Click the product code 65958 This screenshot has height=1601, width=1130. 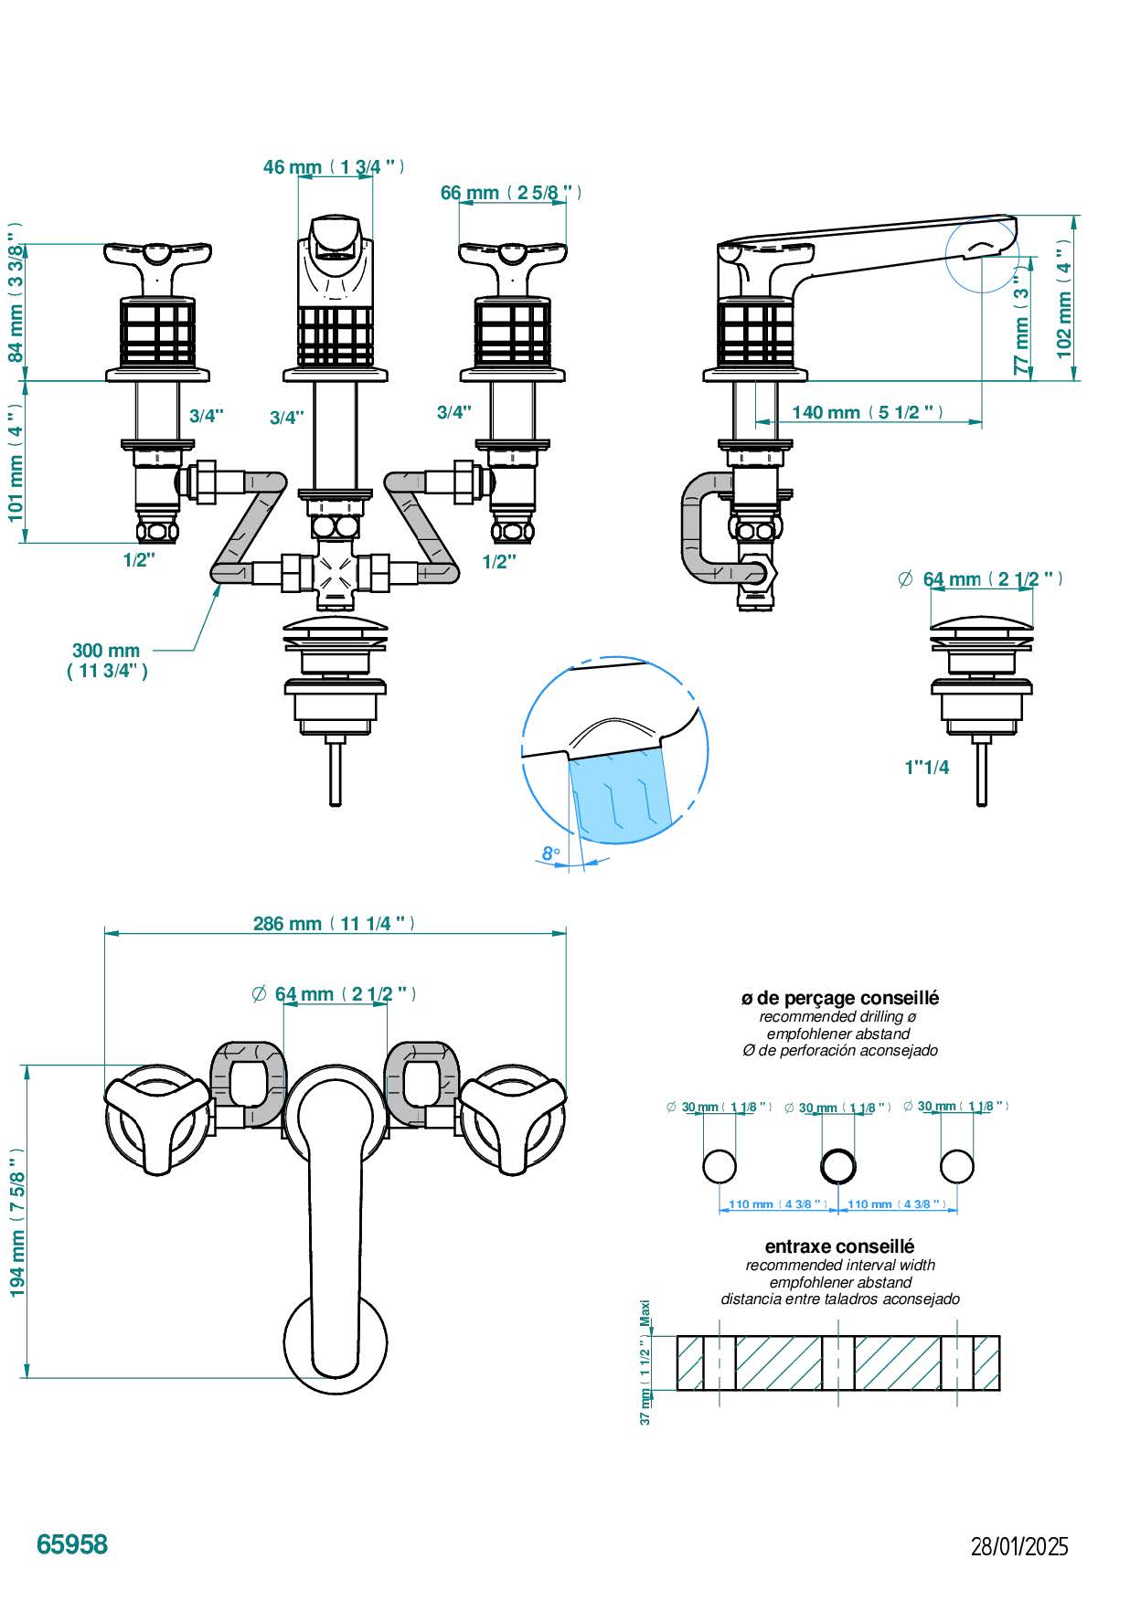(x=72, y=1544)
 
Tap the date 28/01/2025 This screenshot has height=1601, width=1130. (x=1019, y=1547)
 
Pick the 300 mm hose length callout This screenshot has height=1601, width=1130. (x=107, y=660)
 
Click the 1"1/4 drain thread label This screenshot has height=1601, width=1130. (x=927, y=767)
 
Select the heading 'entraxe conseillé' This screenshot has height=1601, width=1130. (x=839, y=1246)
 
